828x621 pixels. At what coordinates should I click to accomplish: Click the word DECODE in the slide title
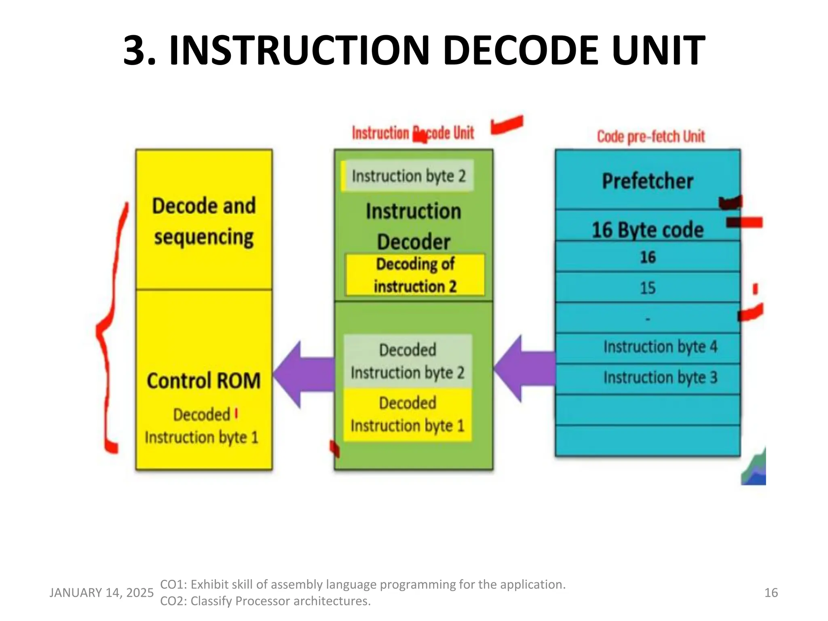pyautogui.click(x=520, y=51)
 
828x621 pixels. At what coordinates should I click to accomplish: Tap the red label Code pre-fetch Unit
pyautogui.click(x=651, y=137)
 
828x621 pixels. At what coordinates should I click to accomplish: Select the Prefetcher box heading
pyautogui.click(x=647, y=181)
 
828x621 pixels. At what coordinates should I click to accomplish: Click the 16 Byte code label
pyautogui.click(x=647, y=230)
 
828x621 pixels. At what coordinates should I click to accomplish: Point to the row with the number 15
pyautogui.click(x=647, y=288)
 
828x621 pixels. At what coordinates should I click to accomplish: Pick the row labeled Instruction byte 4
pyautogui.click(x=660, y=347)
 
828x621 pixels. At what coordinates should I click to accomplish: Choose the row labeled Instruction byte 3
pyautogui.click(x=660, y=378)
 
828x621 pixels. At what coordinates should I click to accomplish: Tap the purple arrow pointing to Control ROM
pyautogui.click(x=303, y=374)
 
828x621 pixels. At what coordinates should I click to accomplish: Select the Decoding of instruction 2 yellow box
pyautogui.click(x=415, y=275)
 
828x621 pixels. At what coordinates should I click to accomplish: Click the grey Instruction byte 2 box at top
pyautogui.click(x=408, y=176)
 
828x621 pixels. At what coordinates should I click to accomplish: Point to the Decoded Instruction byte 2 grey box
pyautogui.click(x=408, y=361)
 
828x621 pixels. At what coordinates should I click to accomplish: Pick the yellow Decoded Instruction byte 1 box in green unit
pyautogui.click(x=408, y=414)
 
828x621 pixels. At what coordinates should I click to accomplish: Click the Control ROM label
pyautogui.click(x=203, y=381)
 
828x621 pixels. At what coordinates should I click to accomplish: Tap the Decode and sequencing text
pyautogui.click(x=204, y=221)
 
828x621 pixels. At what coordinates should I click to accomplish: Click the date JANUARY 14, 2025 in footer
pyautogui.click(x=101, y=593)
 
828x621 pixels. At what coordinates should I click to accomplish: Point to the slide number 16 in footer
pyautogui.click(x=771, y=593)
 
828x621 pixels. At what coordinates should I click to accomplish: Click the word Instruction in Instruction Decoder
pyautogui.click(x=413, y=211)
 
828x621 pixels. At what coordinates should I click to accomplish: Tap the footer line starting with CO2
pyautogui.click(x=265, y=601)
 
